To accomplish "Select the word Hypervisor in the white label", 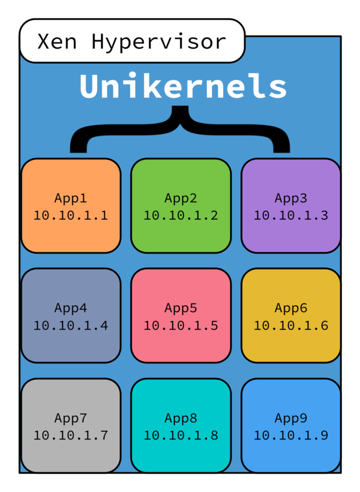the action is (159, 42).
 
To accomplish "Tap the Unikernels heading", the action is (183, 86).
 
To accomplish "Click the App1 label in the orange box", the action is (71, 198).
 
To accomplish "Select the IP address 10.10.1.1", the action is (71, 215).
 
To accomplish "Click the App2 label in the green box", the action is (181, 198).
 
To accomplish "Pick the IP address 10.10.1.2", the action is (181, 215).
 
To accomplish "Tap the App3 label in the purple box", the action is (291, 198).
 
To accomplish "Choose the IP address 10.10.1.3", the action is (291, 215).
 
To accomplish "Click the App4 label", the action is (71, 308).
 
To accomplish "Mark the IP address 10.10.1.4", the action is (71, 326).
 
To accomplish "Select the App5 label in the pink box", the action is (181, 308).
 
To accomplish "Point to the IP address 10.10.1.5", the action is (181, 326).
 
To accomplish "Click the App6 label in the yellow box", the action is (291, 308).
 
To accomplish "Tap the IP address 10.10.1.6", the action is (291, 326).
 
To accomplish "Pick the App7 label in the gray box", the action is (71, 419).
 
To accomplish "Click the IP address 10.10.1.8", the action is (181, 436).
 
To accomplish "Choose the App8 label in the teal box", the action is (181, 419).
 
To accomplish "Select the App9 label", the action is (291, 419).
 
